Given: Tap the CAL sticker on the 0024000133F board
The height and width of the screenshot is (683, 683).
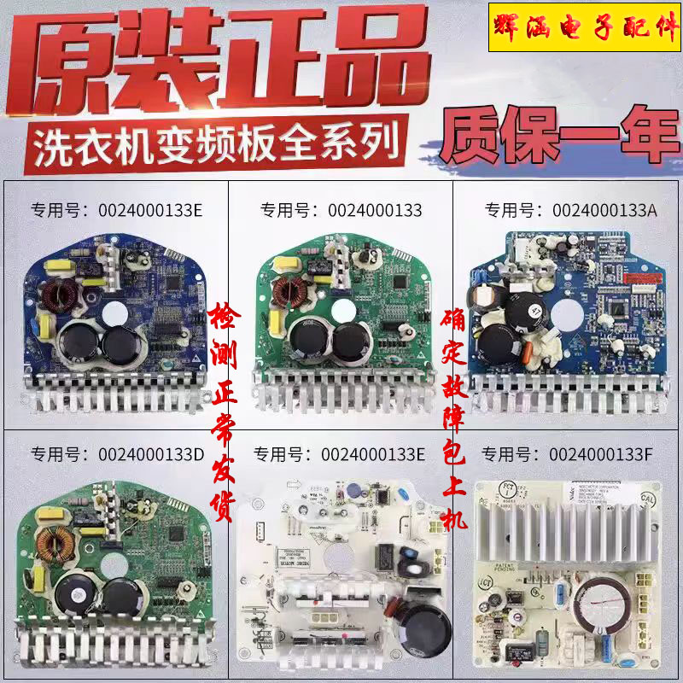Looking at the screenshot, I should [646, 495].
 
